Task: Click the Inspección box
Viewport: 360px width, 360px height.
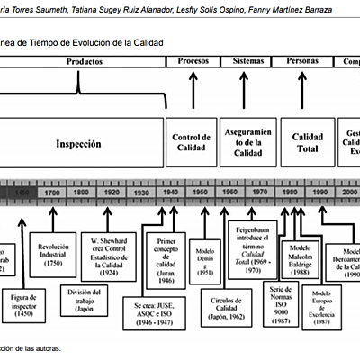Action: tap(79, 143)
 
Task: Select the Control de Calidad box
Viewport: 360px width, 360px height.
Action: tap(192, 143)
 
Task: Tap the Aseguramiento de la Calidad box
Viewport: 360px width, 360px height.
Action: tap(247, 142)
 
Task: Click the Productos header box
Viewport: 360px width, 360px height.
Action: tap(85, 61)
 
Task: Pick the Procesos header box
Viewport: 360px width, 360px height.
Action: tap(193, 61)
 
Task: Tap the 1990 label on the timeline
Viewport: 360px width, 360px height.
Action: tap(319, 193)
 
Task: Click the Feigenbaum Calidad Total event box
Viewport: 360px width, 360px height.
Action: tap(255, 242)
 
